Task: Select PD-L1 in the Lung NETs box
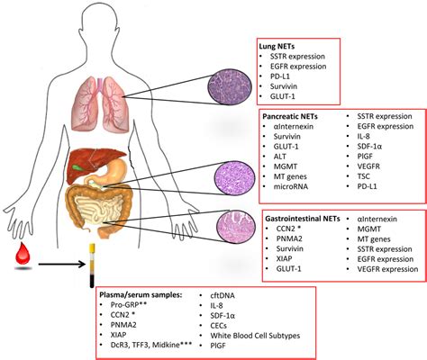(x=280, y=76)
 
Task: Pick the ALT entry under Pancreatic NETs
(x=280, y=157)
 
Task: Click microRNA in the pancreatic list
(x=291, y=186)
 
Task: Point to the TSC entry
(x=363, y=176)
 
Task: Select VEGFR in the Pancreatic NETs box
(x=368, y=166)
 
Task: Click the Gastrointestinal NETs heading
(x=303, y=219)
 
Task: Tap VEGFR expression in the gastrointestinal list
(x=387, y=269)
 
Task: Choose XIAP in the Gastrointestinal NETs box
(x=284, y=258)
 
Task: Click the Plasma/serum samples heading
(x=141, y=294)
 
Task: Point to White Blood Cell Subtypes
(x=255, y=336)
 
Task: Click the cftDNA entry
(x=223, y=295)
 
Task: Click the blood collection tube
(x=92, y=265)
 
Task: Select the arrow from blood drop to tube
(x=62, y=265)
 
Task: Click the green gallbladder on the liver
(x=78, y=166)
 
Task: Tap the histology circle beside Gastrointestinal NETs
(x=236, y=226)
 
